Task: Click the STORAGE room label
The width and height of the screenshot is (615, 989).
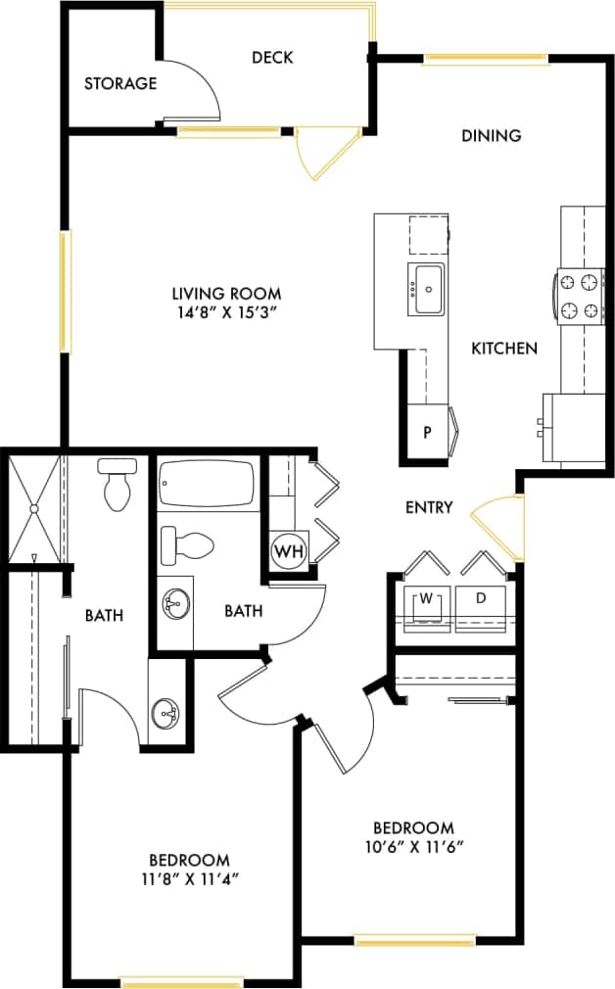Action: click(x=119, y=83)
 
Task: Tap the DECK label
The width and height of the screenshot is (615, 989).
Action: click(x=272, y=58)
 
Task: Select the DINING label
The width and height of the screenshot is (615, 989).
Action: click(x=491, y=135)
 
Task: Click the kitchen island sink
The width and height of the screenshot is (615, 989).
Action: click(x=428, y=289)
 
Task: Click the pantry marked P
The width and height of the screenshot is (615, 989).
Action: click(x=427, y=432)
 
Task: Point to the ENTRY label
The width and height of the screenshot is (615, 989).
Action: click(x=429, y=507)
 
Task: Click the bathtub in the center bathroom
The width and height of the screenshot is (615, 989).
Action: click(x=206, y=485)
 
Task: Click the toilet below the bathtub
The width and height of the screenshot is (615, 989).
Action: click(x=187, y=546)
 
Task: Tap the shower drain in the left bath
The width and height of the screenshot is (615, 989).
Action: click(x=34, y=508)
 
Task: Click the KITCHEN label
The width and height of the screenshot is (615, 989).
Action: click(x=504, y=348)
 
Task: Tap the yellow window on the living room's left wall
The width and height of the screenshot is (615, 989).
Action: click(x=65, y=291)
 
